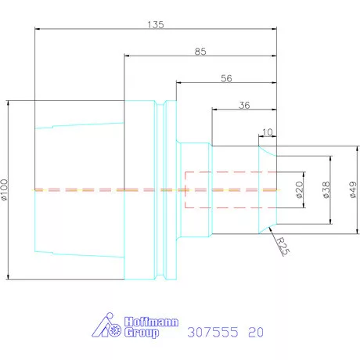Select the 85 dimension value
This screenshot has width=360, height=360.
pos(201,52)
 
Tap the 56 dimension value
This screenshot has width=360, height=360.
pos(226,78)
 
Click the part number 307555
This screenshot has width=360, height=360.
pos(213,332)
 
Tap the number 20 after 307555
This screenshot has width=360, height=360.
pos(255,332)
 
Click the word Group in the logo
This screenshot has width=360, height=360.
pos(142,333)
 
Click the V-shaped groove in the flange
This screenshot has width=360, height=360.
pos(160,189)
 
